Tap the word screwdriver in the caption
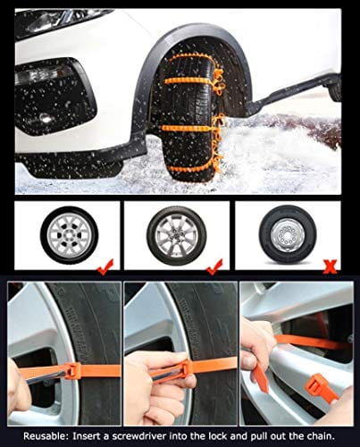(x=140, y=436)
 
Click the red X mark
(x=330, y=266)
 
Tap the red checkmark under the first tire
(x=105, y=266)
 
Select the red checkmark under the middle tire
(x=215, y=266)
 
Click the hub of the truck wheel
(x=288, y=235)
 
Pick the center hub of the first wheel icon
(x=69, y=235)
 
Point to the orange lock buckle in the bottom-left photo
(x=73, y=370)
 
